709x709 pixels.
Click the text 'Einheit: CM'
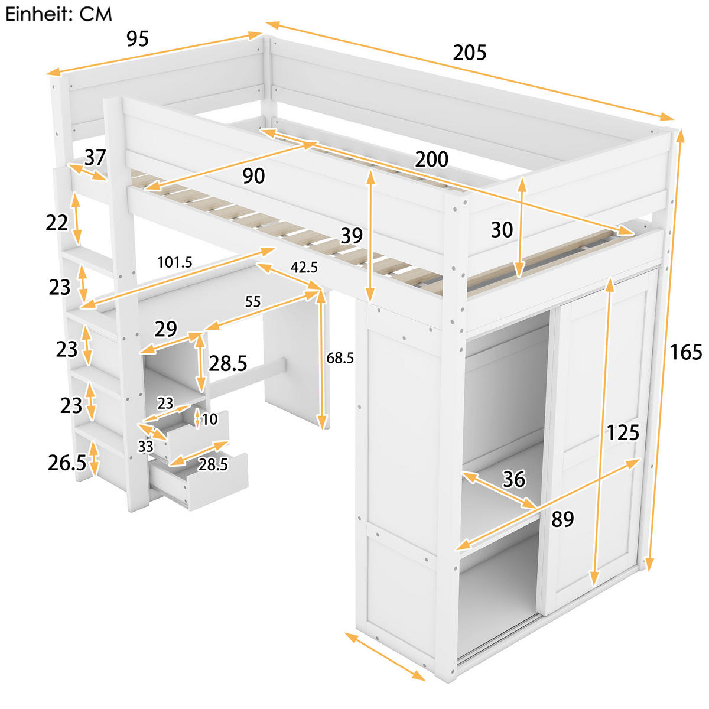point(58,14)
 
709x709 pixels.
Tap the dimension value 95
point(138,39)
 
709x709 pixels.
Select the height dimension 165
point(685,352)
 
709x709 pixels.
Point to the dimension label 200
point(431,160)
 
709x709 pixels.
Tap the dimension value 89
point(562,519)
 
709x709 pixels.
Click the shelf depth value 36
point(513,479)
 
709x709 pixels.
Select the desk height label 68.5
point(340,357)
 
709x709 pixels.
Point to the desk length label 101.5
point(175,262)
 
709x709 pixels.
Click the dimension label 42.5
point(304,267)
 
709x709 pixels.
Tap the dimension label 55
point(253,301)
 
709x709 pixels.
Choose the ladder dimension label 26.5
point(67,463)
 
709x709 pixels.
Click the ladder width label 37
point(95,158)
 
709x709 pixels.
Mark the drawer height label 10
point(210,419)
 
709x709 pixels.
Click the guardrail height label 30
point(502,229)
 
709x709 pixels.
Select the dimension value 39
point(352,236)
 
